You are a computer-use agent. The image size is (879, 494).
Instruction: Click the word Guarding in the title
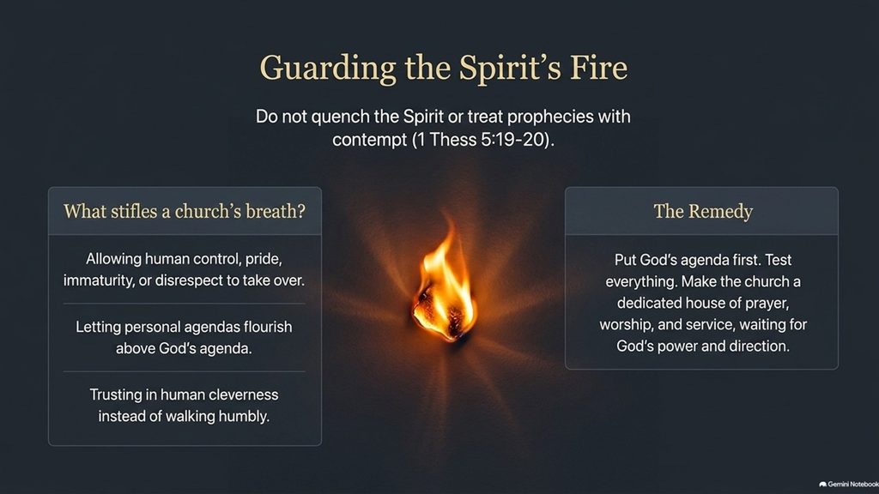point(328,69)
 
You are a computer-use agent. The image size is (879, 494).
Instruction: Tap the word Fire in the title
point(598,67)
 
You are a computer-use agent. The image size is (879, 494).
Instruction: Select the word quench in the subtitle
point(341,117)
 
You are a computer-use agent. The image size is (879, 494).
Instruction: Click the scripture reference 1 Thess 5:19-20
point(482,140)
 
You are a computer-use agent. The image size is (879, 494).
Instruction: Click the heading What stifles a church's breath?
point(185,211)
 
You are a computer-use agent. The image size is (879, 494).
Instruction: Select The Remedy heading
point(703,211)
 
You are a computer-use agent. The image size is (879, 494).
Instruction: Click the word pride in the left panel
point(264,259)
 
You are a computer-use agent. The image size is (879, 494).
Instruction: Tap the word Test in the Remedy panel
point(778,260)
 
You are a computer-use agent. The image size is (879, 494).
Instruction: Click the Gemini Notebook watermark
point(849,485)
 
